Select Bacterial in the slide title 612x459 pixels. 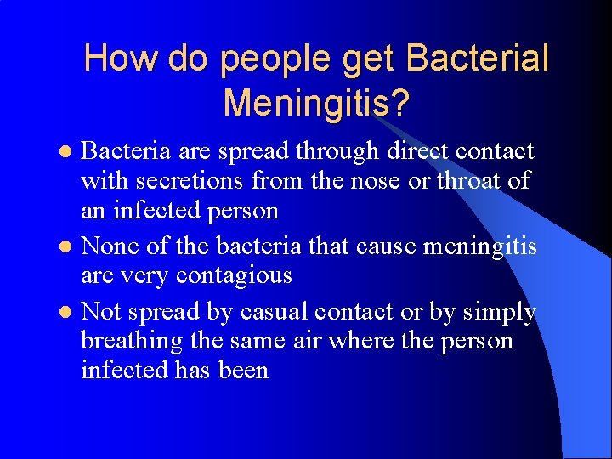[x=479, y=59]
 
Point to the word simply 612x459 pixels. [x=500, y=313]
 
